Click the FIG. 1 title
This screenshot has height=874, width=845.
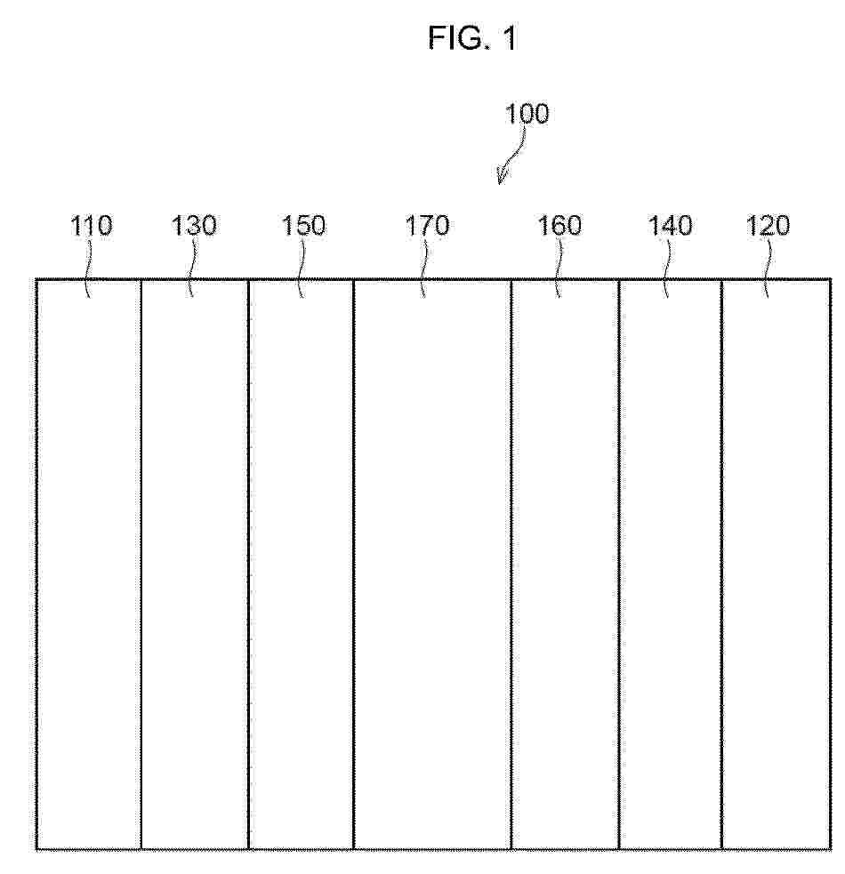[472, 38]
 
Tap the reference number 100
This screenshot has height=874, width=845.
[527, 113]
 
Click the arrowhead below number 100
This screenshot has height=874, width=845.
[502, 175]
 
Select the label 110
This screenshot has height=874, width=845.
[91, 226]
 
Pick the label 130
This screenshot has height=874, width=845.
[194, 226]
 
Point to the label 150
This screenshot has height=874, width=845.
[303, 226]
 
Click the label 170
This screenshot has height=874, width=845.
[427, 226]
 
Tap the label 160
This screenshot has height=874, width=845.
[559, 226]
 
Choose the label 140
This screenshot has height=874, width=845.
[670, 226]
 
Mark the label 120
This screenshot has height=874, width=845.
[768, 226]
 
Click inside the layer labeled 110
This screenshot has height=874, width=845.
[89, 564]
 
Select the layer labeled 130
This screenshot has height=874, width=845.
[195, 564]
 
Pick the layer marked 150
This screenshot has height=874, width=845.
[301, 564]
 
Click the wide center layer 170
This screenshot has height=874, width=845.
[432, 564]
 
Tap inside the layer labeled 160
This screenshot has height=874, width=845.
[565, 564]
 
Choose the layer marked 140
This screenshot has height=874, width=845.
[671, 564]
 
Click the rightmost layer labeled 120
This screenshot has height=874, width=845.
[777, 564]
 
